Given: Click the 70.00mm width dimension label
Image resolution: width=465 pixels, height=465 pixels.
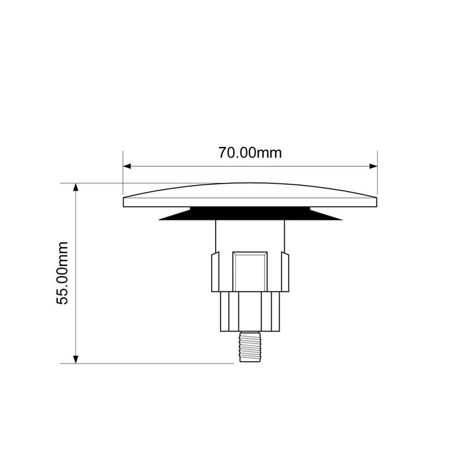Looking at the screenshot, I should click(x=250, y=153).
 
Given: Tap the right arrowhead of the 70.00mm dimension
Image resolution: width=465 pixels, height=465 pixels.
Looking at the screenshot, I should click(x=374, y=166).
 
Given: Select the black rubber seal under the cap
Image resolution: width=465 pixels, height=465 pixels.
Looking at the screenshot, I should click(x=250, y=214).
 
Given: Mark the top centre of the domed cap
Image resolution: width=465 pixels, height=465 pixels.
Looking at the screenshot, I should click(x=250, y=184).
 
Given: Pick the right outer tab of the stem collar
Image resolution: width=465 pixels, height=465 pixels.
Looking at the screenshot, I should click(x=286, y=271).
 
